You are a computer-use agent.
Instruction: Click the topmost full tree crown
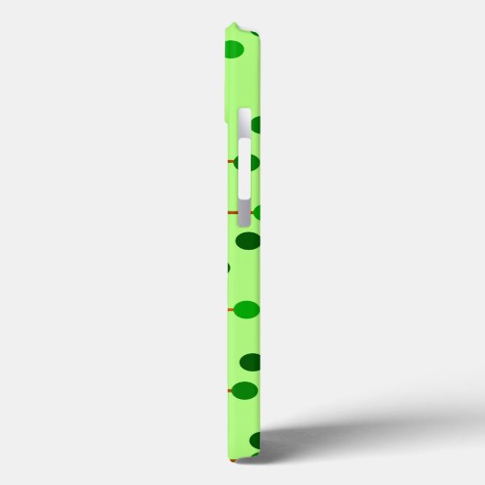click(234, 49)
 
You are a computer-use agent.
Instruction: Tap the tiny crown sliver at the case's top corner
click(255, 35)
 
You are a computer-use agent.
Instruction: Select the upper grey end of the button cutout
click(244, 123)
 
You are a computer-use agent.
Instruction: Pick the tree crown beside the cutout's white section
click(249, 164)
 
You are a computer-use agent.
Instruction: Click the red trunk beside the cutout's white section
click(231, 163)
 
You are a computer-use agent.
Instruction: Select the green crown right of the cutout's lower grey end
click(256, 212)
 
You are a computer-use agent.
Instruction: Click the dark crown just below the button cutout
click(248, 242)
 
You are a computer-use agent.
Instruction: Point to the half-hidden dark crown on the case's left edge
click(227, 269)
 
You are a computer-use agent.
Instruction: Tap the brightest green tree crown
click(246, 310)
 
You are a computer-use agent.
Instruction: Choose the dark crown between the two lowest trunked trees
click(250, 362)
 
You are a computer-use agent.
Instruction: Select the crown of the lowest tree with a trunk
click(243, 391)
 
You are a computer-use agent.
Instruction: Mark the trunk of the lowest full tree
click(229, 392)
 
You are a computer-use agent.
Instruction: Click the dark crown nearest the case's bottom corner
click(255, 441)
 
